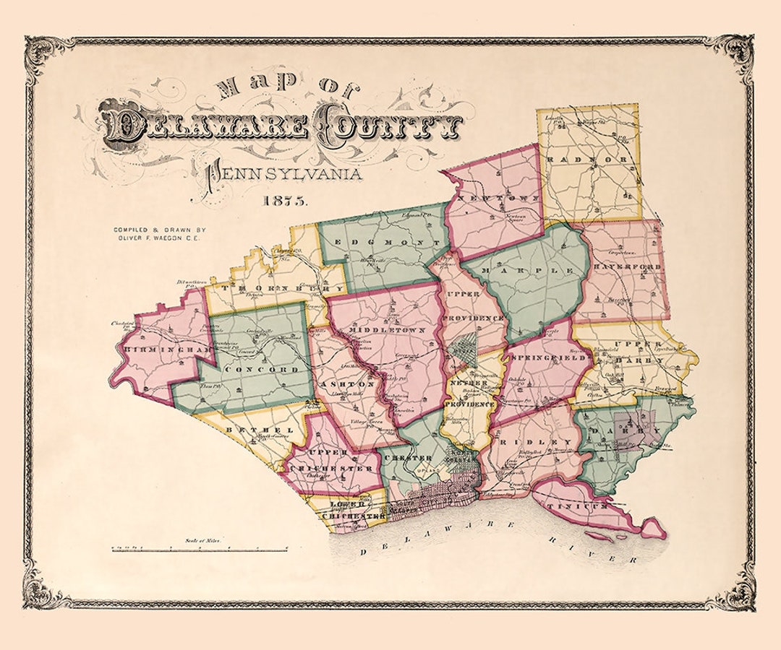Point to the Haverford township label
[x=626, y=267]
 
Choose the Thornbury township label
[x=271, y=288]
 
